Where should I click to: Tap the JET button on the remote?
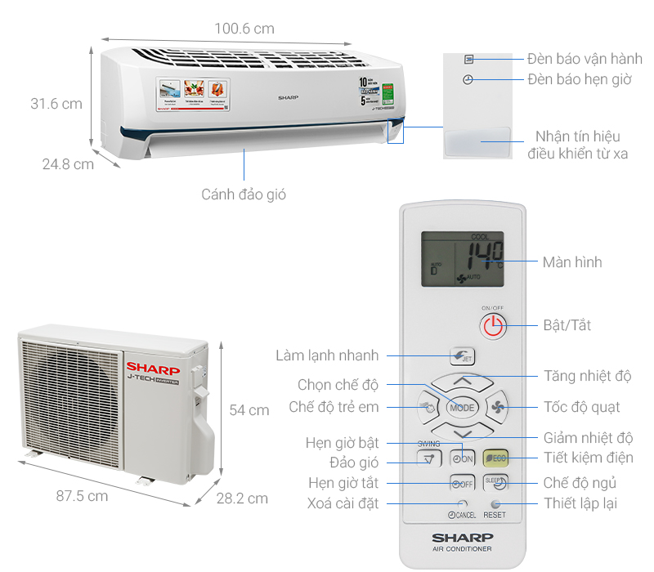point(462,356)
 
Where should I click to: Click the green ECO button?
point(495,458)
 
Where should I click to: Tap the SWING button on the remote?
point(428,458)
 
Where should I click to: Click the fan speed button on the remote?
point(498,407)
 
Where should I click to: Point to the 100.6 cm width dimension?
point(244,29)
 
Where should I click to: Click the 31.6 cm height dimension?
point(56,104)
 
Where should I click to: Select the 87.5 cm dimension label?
point(82,496)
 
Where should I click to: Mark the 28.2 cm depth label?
point(242,498)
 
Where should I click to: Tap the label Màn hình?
point(571,262)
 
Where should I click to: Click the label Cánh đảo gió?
point(244,194)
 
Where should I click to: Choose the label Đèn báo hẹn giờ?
point(579,80)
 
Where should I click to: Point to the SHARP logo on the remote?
point(462,538)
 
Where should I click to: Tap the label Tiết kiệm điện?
point(588,458)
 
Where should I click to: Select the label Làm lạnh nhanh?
point(327,355)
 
